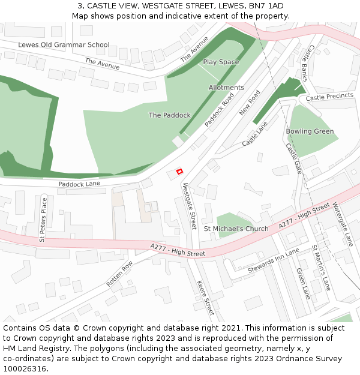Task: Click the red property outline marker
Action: pyautogui.click(x=179, y=172)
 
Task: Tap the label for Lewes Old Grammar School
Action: pyautogui.click(x=64, y=44)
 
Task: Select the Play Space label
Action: pyautogui.click(x=221, y=62)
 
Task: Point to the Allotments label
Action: pyautogui.click(x=226, y=88)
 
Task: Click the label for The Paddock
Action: pyautogui.click(x=170, y=115)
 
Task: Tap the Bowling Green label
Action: pyautogui.click(x=310, y=131)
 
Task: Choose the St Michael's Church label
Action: pyautogui.click(x=236, y=229)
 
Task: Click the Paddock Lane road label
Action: pyautogui.click(x=79, y=184)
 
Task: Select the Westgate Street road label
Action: pyautogui.click(x=189, y=206)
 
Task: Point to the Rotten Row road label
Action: pyautogui.click(x=119, y=274)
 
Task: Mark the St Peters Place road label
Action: pyautogui.click(x=43, y=220)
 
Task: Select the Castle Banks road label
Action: pyautogui.click(x=307, y=64)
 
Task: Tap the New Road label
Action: pyautogui.click(x=250, y=103)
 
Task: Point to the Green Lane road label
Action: pyautogui.click(x=303, y=283)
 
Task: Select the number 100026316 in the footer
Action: pyautogui.click(x=25, y=369)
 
